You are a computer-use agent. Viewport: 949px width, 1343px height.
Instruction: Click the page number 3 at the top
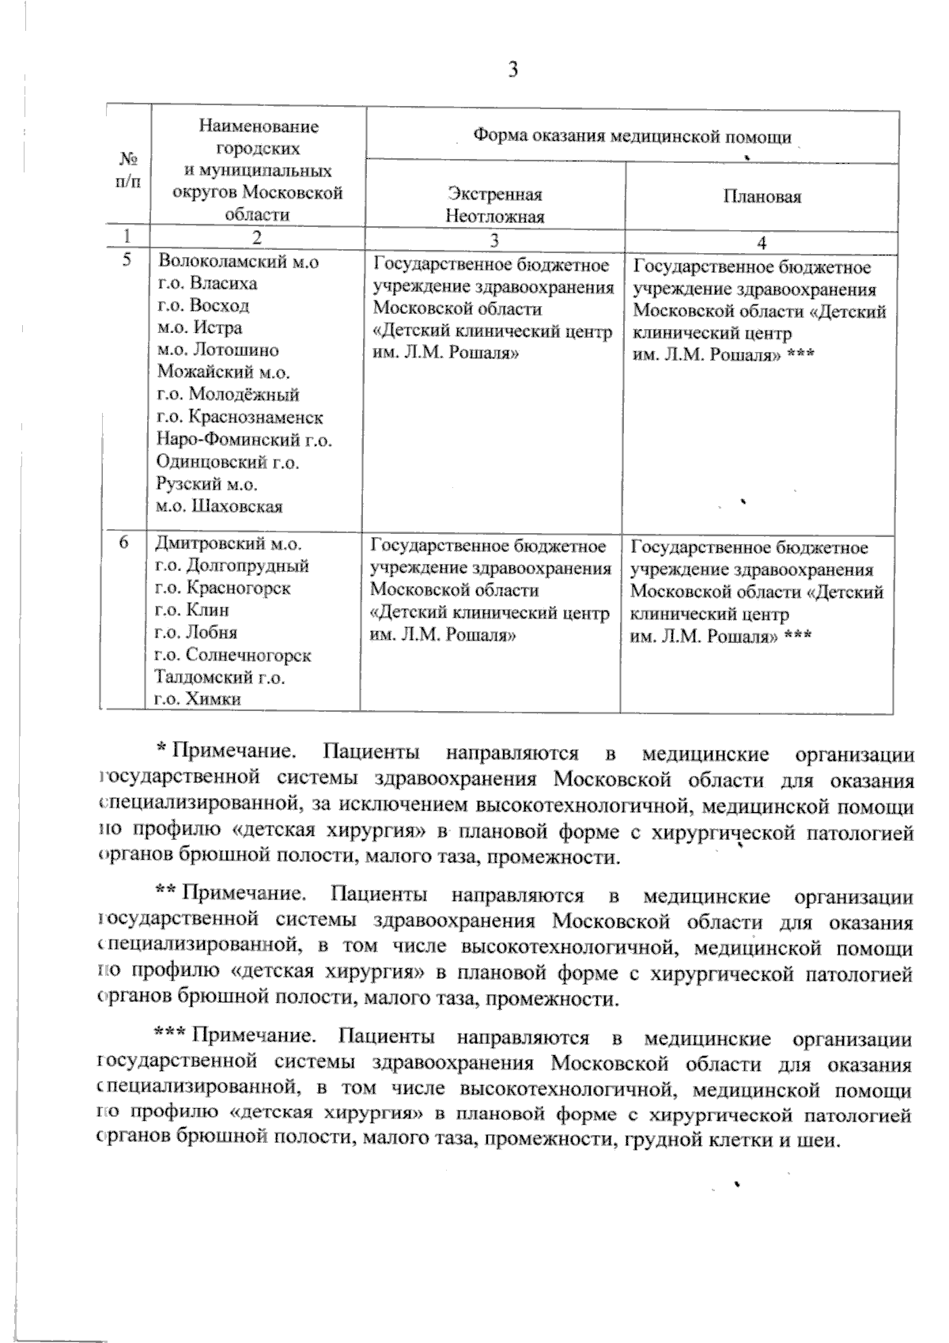[x=513, y=70]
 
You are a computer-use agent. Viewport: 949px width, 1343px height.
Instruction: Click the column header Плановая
[x=762, y=198]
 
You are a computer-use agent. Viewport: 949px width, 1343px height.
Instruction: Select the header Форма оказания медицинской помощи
[x=632, y=137]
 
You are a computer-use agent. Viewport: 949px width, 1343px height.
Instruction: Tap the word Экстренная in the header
[x=495, y=195]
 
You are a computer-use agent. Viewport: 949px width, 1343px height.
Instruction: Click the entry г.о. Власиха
[x=208, y=283]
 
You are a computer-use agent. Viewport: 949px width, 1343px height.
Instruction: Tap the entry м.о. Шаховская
[x=220, y=506]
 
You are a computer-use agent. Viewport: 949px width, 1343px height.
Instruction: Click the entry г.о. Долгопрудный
[x=232, y=566]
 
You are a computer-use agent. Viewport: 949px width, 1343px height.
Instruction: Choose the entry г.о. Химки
[x=198, y=698]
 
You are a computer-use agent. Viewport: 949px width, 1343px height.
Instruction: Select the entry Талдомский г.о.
[x=220, y=677]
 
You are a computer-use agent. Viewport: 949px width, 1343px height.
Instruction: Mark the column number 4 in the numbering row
[x=762, y=242]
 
